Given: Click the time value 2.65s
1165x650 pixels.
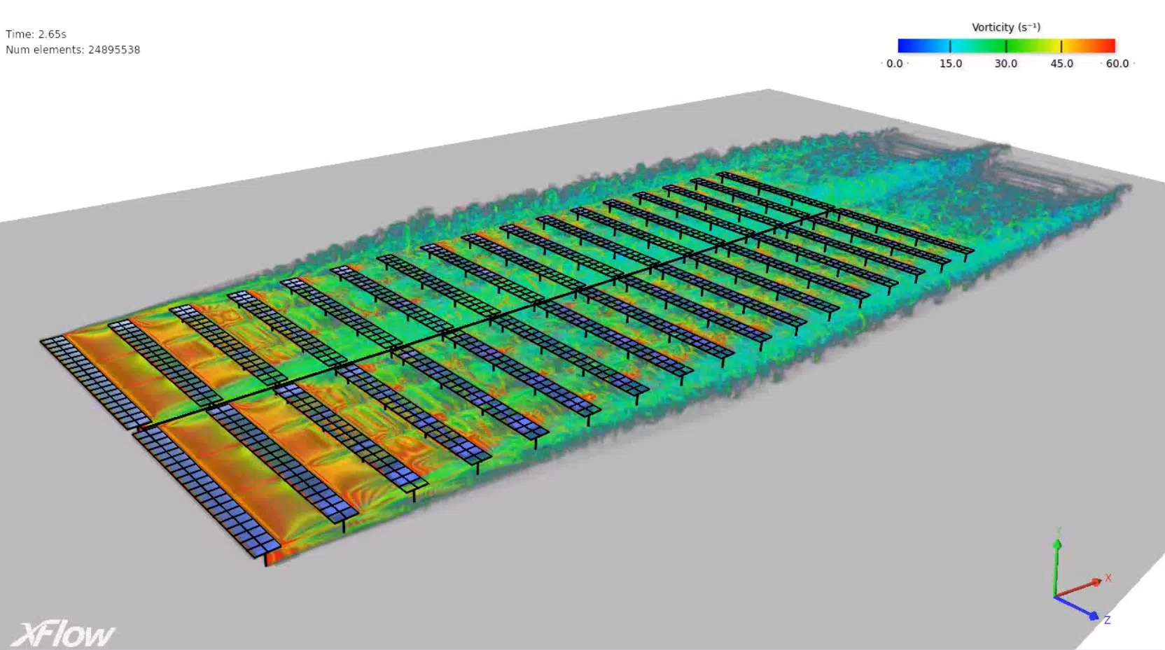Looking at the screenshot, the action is click(52, 34).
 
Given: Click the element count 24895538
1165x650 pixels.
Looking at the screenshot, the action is click(114, 50).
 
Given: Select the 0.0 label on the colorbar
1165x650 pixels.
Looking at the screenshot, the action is click(895, 64).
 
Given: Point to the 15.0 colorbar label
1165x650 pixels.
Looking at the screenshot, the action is click(951, 64).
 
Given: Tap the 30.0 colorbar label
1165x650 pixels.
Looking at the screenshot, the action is click(1006, 64).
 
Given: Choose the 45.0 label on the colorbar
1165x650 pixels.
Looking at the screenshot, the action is click(1061, 64).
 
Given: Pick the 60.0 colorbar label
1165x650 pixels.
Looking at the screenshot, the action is click(1117, 64).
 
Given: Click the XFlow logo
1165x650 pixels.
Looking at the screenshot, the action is click(62, 635).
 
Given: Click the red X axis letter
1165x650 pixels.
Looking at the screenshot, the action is click(1108, 578).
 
